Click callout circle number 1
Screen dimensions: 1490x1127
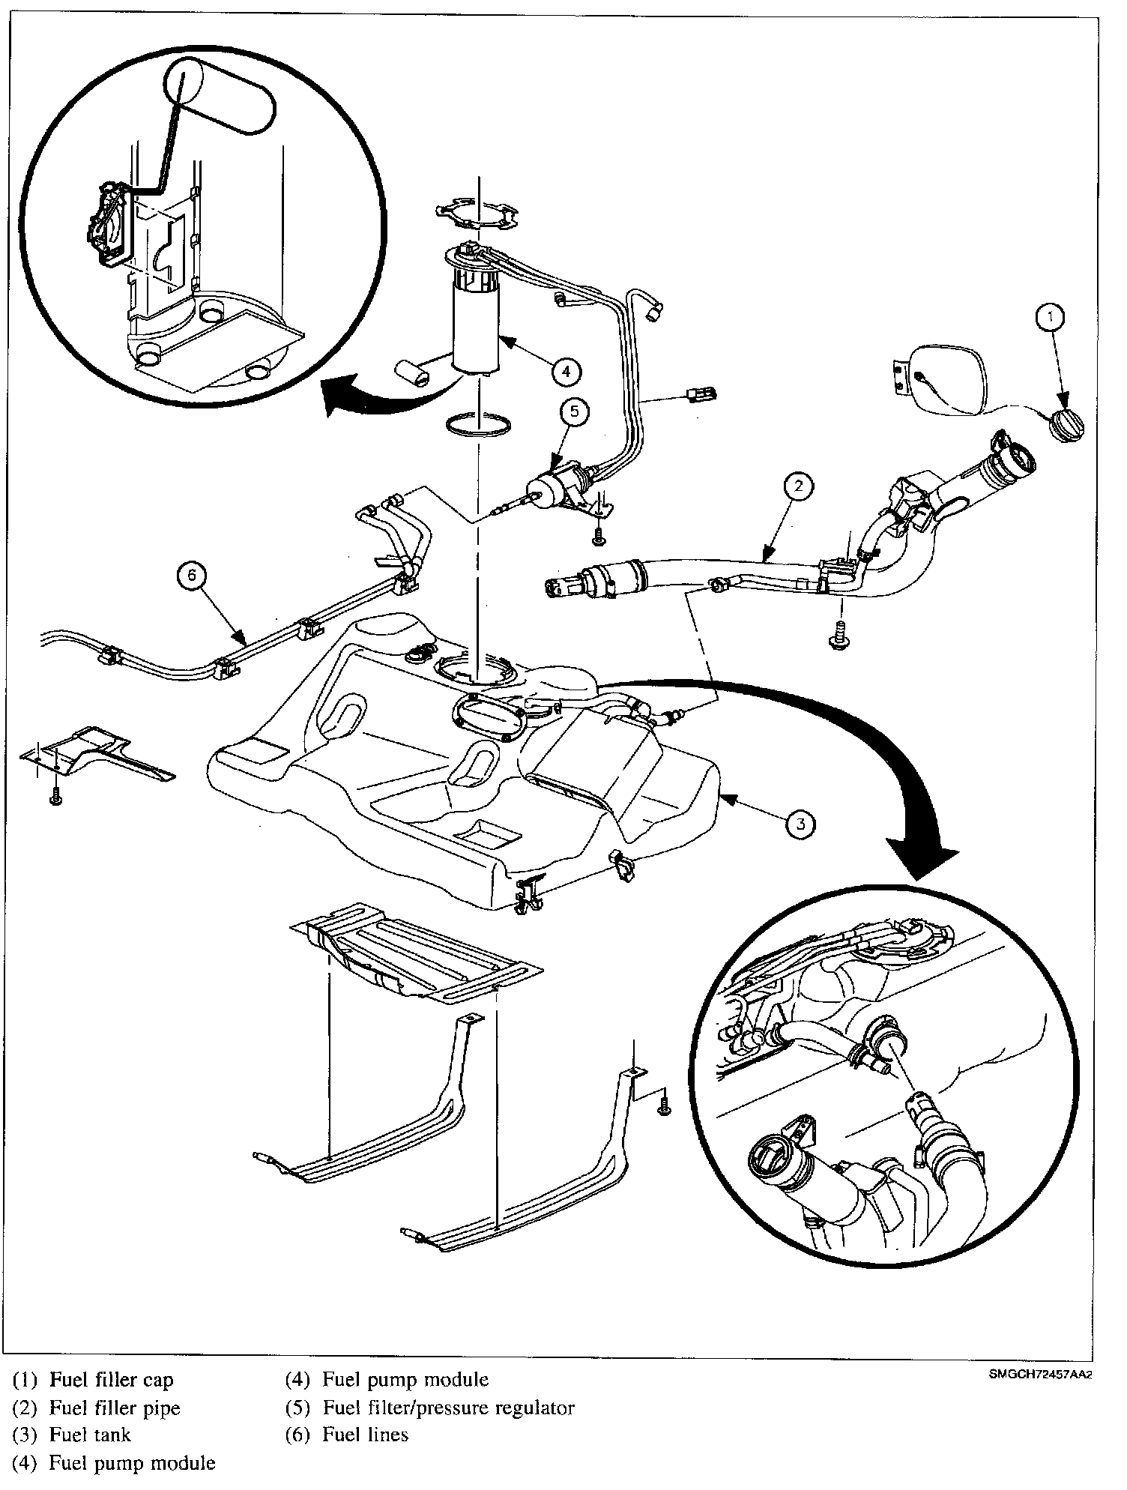[1051, 318]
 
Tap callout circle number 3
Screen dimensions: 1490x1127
[800, 824]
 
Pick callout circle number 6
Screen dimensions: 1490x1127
[192, 576]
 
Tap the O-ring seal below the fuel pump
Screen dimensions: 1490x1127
[480, 423]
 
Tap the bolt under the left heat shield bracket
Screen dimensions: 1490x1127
[55, 799]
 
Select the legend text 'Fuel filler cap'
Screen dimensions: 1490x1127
[111, 1380]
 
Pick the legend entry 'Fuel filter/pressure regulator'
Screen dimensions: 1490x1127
[448, 1408]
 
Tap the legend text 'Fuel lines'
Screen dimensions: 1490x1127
[365, 1435]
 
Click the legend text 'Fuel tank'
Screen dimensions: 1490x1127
[89, 1435]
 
